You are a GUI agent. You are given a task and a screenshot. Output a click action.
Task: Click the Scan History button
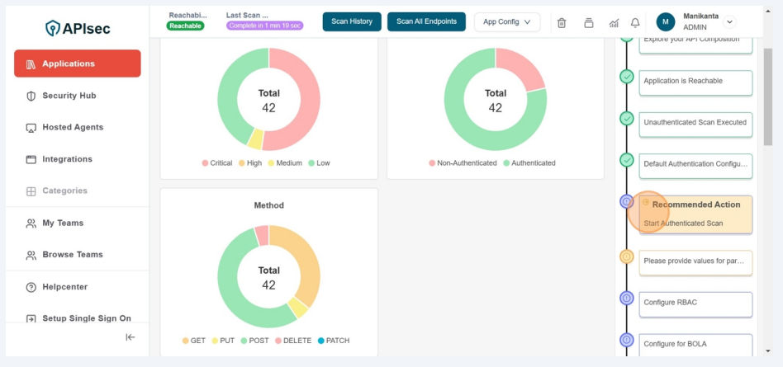coord(352,21)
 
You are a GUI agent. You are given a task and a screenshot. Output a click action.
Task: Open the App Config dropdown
coord(506,21)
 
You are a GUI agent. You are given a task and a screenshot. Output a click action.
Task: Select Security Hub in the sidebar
coord(69,96)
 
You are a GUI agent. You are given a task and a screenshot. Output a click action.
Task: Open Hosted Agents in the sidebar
coord(73,127)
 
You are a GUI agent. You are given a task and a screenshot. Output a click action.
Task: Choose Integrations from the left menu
coord(67,159)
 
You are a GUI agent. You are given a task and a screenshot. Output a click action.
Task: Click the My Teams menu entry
coord(63,223)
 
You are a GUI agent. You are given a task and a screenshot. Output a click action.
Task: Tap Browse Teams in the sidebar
coord(73,255)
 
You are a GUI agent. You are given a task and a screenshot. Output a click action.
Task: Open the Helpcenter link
coord(64,287)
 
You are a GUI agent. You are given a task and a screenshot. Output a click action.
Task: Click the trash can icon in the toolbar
coord(562,22)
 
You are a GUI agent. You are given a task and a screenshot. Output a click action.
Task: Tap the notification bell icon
coord(635,22)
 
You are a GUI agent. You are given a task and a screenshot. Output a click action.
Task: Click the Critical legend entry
coord(216,163)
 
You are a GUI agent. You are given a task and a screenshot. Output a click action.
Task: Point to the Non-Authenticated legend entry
coord(463,163)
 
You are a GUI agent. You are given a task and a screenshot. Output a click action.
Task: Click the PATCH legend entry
coord(333,341)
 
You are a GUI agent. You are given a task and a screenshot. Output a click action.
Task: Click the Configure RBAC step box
coord(695,303)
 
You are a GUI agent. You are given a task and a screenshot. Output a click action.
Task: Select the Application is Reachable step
coord(695,81)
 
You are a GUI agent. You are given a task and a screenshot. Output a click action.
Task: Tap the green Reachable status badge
coord(185,26)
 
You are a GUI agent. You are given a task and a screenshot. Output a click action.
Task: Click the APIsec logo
coord(78,28)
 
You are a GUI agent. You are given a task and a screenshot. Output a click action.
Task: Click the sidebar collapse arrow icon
coord(130,336)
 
